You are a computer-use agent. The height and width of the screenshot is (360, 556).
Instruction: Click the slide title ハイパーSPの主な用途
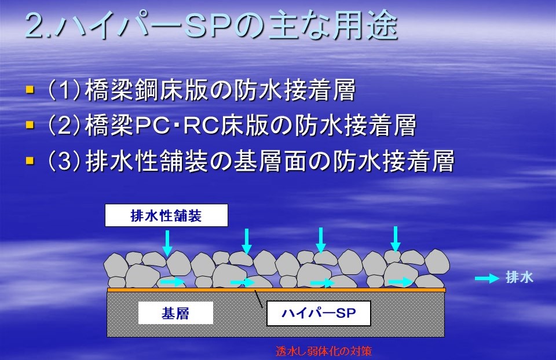click(227, 25)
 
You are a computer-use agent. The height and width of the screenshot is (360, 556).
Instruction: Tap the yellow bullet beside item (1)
click(30, 89)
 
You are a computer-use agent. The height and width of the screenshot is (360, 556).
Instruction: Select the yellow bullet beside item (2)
click(30, 124)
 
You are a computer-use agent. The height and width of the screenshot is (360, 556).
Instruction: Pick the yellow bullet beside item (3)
click(30, 161)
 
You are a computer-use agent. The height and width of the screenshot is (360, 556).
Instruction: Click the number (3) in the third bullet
click(64, 161)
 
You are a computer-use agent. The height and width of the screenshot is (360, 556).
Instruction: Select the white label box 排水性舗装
click(166, 215)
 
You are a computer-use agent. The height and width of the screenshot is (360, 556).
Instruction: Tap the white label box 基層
click(175, 313)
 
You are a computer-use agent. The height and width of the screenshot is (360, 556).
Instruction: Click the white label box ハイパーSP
click(319, 313)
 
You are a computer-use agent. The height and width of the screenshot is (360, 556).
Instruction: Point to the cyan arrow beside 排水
click(487, 278)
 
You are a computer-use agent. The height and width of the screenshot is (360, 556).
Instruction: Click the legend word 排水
click(520, 277)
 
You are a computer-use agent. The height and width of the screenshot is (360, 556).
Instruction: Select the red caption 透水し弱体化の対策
click(324, 351)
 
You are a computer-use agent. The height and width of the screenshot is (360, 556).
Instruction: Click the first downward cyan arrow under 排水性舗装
click(167, 243)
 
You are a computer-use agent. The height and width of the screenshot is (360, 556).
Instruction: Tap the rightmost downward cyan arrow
click(396, 239)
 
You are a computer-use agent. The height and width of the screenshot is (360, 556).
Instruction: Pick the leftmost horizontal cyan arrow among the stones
click(173, 282)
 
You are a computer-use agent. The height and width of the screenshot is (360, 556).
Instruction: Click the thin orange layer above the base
click(276, 290)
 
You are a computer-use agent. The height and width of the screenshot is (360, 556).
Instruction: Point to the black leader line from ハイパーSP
click(258, 298)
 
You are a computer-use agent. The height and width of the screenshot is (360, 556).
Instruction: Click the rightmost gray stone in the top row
click(437, 262)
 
